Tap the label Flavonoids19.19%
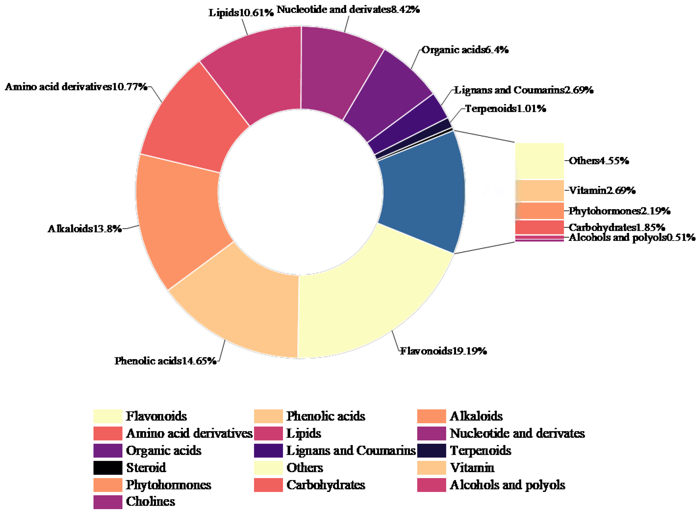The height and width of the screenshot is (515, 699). [x=443, y=351]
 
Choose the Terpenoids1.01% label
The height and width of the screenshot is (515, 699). [x=506, y=109]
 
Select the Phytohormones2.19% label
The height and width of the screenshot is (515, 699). [x=619, y=211]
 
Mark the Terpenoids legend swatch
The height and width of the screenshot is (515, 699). [x=432, y=450]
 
